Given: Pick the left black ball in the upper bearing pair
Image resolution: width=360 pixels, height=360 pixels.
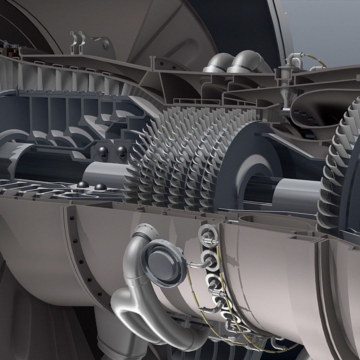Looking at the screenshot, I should coord(102,152).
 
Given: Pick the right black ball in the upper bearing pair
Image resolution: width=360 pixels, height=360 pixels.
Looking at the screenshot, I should coord(121,152).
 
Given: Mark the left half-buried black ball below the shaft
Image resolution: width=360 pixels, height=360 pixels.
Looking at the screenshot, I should coord(83,185).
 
